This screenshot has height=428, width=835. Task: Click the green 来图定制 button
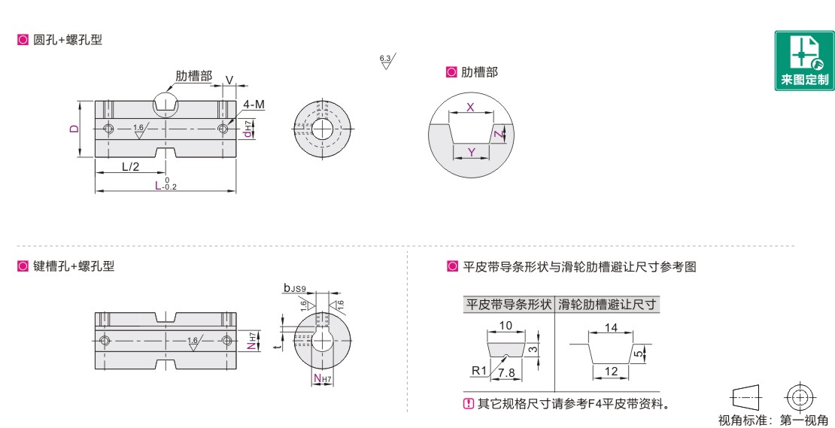point(804,61)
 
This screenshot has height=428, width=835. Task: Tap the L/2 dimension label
point(130,167)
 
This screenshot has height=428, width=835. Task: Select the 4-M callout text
point(254,105)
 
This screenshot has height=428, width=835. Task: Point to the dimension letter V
point(229,80)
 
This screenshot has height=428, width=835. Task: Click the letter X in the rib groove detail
point(470,107)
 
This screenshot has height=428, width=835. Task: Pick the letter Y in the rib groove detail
point(471,153)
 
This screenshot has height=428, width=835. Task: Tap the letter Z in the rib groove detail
point(496,135)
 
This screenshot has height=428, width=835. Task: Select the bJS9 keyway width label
point(295,289)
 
